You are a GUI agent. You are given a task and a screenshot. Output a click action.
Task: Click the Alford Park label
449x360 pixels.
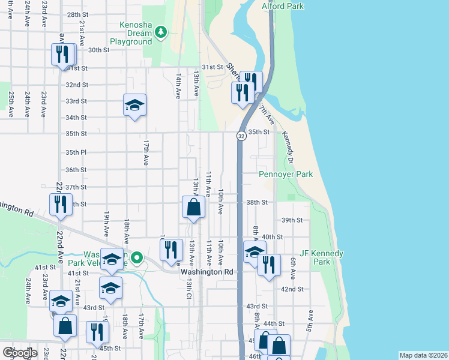(x=283, y=6)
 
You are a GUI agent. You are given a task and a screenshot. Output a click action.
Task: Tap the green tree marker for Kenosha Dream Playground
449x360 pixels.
(x=160, y=32)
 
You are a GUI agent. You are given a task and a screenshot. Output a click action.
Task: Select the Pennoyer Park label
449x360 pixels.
(x=286, y=175)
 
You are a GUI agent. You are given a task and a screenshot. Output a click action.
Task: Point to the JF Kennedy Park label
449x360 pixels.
(x=322, y=257)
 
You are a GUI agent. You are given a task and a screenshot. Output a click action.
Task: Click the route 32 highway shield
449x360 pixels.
(x=241, y=136)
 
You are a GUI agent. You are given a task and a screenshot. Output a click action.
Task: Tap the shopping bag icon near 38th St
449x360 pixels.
(x=194, y=208)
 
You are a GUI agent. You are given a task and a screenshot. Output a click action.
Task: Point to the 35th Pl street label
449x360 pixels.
(x=76, y=152)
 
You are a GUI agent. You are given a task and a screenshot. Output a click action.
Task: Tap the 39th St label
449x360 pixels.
(x=292, y=220)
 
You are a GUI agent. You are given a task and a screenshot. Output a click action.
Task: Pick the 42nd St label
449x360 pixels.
(x=292, y=289)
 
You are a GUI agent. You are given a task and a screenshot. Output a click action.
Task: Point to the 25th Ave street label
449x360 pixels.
(x=11, y=103)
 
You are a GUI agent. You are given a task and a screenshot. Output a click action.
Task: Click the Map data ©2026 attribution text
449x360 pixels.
(x=423, y=355)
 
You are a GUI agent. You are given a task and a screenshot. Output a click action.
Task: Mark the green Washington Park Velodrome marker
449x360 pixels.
(x=137, y=259)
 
